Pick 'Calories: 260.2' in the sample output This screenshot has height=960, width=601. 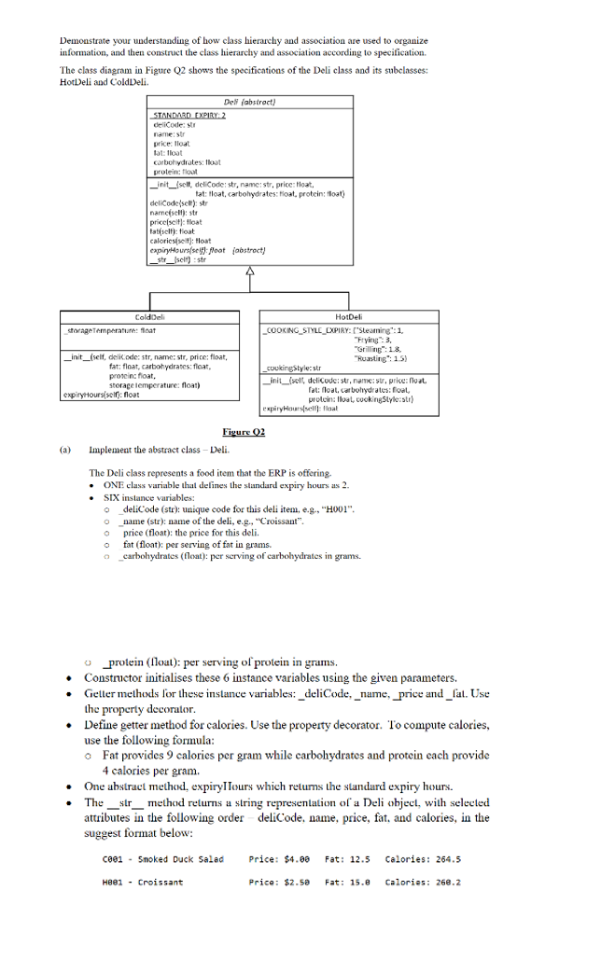pyautogui.click(x=422, y=882)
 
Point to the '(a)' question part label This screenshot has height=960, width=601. pyautogui.click(x=64, y=448)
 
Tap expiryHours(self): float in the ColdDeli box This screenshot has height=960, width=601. pyautogui.click(x=102, y=394)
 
